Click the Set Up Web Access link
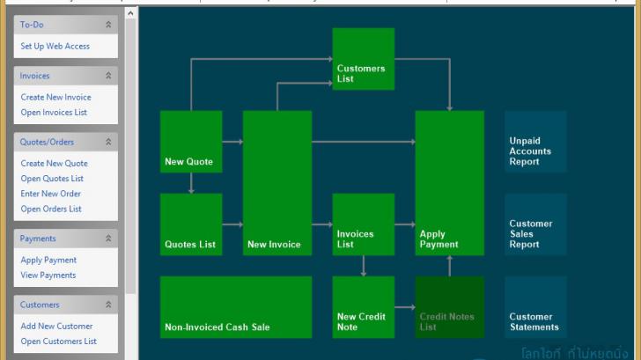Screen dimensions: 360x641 click(x=55, y=46)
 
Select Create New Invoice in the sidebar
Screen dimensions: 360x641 click(x=55, y=97)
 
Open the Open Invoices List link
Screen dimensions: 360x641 click(x=54, y=112)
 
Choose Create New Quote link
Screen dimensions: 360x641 click(x=54, y=163)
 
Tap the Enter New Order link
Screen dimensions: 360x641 click(x=50, y=194)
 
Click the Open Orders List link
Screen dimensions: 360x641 click(x=51, y=209)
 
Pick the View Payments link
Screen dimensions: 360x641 click(x=48, y=275)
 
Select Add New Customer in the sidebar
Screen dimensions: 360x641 click(x=56, y=326)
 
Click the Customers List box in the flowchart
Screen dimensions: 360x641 click(x=363, y=59)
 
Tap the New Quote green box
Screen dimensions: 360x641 click(x=191, y=141)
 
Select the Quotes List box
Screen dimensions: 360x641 click(x=191, y=224)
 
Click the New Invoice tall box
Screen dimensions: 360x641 click(x=276, y=182)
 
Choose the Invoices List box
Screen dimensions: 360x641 click(x=363, y=224)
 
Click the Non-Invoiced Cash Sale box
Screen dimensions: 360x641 click(x=236, y=307)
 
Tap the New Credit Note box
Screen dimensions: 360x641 click(x=363, y=307)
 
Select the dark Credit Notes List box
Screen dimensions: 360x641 click(x=449, y=307)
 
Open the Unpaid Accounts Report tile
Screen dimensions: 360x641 click(x=535, y=142)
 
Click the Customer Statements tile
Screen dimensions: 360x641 click(x=535, y=307)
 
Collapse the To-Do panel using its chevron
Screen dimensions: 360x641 click(x=108, y=25)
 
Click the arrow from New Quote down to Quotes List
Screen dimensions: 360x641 click(x=191, y=183)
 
